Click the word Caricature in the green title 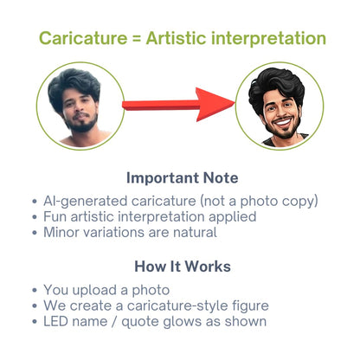pos(83,38)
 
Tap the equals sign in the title pos(137,39)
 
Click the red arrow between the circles pos(178,105)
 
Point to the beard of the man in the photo pos(81,123)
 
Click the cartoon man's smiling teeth pos(283,122)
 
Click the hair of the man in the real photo pos(74,85)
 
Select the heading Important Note pos(183,177)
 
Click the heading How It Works pos(183,266)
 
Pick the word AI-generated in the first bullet pos(86,201)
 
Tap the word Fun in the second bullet pos(55,216)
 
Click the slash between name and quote pos(114,322)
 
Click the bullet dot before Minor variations pos(35,232)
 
